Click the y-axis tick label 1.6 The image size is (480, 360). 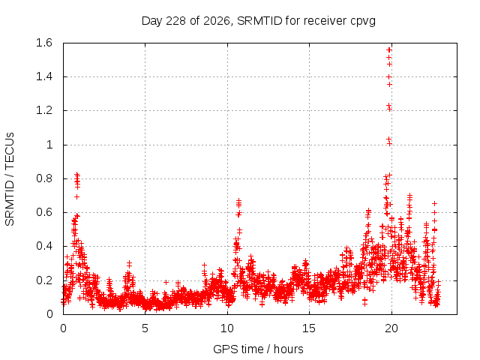click(x=44, y=43)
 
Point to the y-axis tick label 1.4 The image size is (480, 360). click(x=44, y=76)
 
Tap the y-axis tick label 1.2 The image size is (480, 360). click(x=44, y=110)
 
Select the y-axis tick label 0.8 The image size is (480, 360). click(x=44, y=178)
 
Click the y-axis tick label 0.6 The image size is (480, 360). click(x=44, y=212)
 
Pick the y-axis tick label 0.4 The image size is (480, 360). click(x=44, y=246)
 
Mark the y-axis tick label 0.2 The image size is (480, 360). click(x=44, y=280)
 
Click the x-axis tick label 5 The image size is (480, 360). click(x=145, y=328)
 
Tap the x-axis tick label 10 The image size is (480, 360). click(x=227, y=328)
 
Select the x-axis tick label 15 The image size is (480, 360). click(x=309, y=328)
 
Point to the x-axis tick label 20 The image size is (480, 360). click(x=391, y=328)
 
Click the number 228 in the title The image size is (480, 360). click(x=177, y=21)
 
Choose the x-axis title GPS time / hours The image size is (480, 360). click(x=258, y=349)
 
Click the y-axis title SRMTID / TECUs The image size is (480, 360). click(x=10, y=179)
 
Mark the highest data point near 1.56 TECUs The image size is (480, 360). click(x=389, y=50)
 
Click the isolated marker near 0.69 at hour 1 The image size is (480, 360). click(x=76, y=196)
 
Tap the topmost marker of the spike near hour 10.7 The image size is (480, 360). click(x=238, y=200)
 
